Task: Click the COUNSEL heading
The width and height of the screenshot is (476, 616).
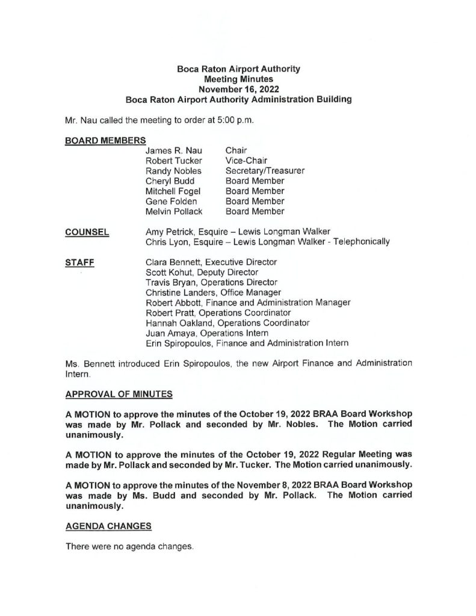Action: tap(86, 232)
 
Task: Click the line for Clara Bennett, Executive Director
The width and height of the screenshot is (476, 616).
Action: tap(211, 262)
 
